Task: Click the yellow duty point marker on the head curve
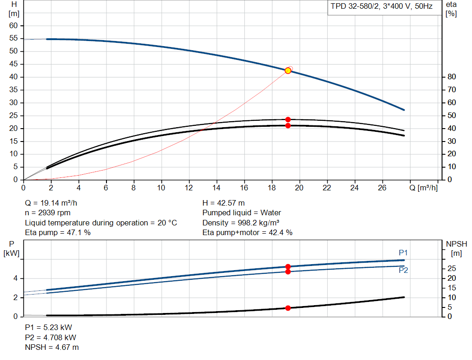click(288, 71)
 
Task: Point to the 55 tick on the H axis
click(13, 38)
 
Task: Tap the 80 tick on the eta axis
click(452, 77)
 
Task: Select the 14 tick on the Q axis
click(216, 188)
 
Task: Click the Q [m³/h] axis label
click(424, 188)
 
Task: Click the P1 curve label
click(403, 253)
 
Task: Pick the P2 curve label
click(403, 270)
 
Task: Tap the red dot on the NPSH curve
click(288, 308)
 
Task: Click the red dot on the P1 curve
click(288, 267)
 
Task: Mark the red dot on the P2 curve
click(288, 272)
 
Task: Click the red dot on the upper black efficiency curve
click(288, 119)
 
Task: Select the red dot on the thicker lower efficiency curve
click(288, 125)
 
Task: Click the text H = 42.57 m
click(224, 203)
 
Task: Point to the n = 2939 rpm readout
click(47, 213)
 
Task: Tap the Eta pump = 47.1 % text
click(58, 232)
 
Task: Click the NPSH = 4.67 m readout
click(52, 348)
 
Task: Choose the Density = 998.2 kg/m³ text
click(241, 223)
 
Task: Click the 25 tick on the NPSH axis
click(452, 268)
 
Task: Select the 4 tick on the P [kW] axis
click(15, 278)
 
